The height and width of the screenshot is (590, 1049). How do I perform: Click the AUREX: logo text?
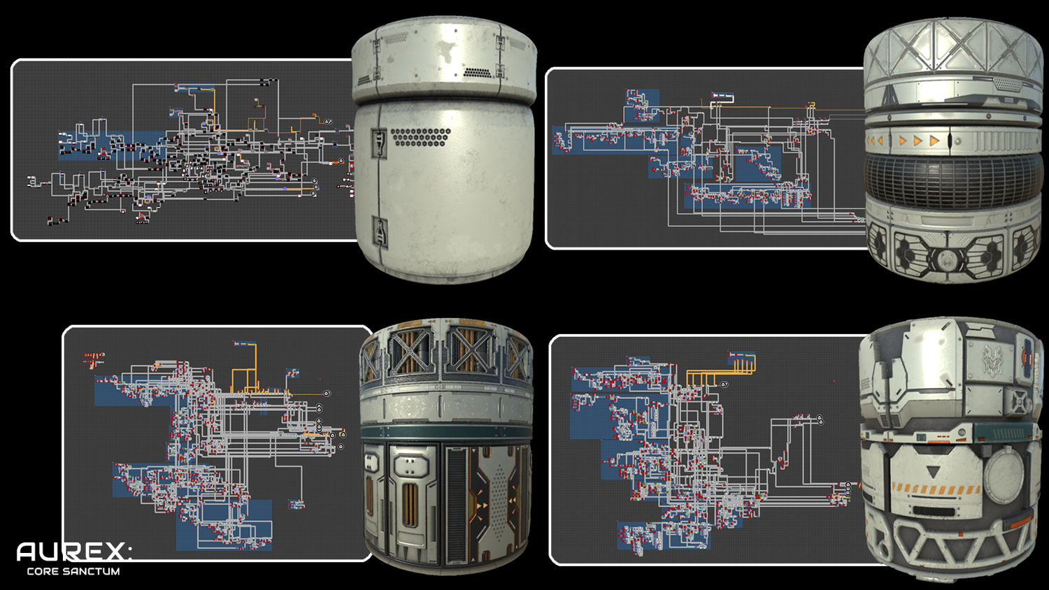pyautogui.click(x=74, y=552)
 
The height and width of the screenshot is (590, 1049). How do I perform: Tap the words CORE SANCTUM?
pyautogui.click(x=73, y=571)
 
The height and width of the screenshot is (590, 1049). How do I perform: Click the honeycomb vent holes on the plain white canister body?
pyautogui.click(x=420, y=137)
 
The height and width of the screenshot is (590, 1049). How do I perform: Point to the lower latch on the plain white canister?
pyautogui.click(x=380, y=232)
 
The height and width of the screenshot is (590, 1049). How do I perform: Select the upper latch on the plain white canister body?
pyautogui.click(x=378, y=143)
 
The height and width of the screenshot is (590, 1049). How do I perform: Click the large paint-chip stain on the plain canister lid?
pyautogui.click(x=444, y=49)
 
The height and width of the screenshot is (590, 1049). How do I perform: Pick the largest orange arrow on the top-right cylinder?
pyautogui.click(x=934, y=140)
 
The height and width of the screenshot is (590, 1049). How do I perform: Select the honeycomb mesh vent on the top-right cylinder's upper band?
pyautogui.click(x=1007, y=85)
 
